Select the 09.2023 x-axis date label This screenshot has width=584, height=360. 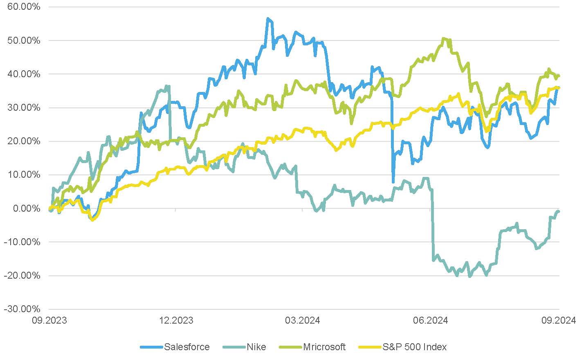click(x=49, y=320)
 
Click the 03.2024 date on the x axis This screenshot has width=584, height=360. click(x=303, y=320)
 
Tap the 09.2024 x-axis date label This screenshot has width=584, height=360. click(x=559, y=320)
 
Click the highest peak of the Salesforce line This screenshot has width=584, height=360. click(x=267, y=18)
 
